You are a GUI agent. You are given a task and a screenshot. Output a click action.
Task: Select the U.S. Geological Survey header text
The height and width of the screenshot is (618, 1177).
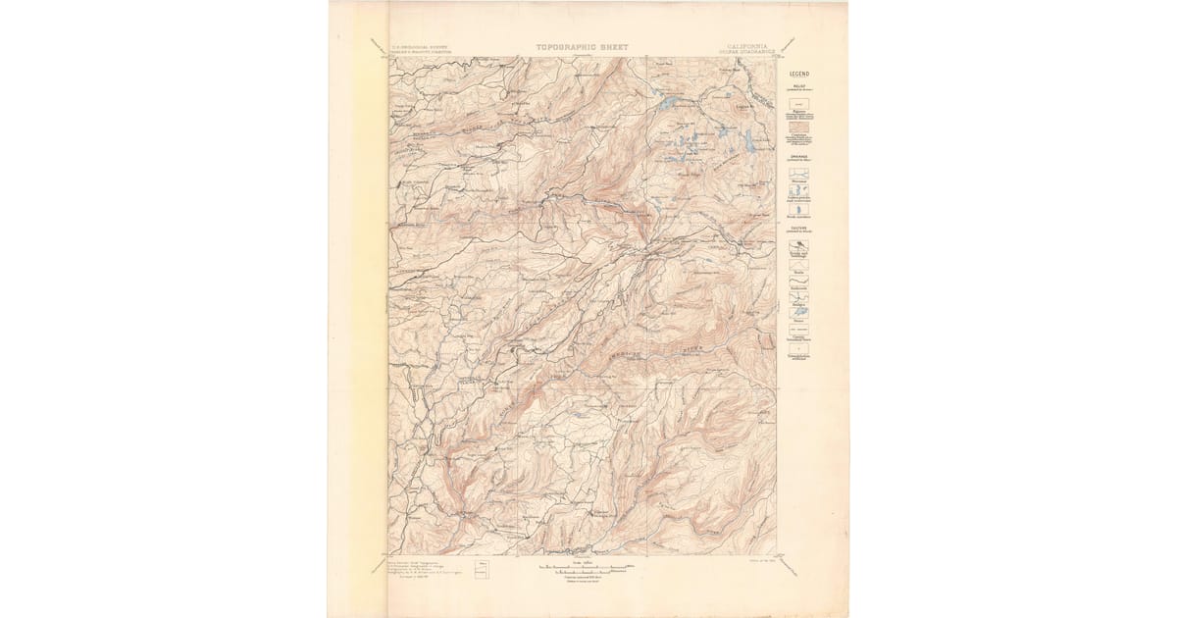click(420, 44)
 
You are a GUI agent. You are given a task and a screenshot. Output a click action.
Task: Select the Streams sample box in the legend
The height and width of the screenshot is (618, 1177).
click(799, 173)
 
